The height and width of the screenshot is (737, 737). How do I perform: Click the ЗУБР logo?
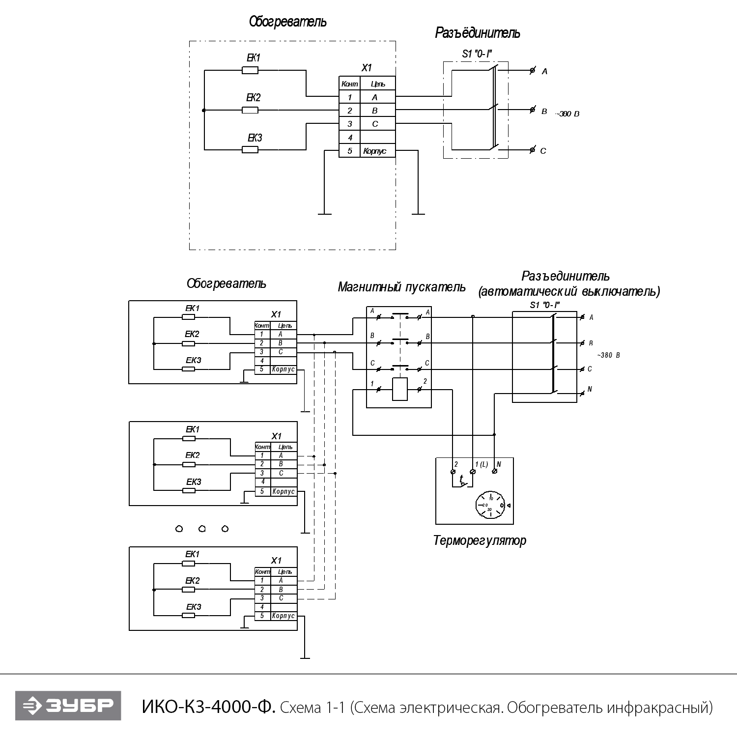click(x=68, y=706)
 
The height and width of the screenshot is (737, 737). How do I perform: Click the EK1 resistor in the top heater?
click(x=250, y=71)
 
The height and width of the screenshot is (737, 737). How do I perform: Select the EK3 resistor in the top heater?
click(x=250, y=150)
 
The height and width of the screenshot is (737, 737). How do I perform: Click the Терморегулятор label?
click(x=480, y=541)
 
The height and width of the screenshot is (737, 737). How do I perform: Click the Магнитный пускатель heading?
click(x=401, y=287)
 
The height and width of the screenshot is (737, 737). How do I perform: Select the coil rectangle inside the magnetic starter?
click(x=400, y=390)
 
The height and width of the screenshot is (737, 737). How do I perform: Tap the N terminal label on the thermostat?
click(x=499, y=464)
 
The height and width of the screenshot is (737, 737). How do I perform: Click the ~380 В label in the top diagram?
click(x=568, y=114)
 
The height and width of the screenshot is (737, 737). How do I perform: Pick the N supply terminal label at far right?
click(x=590, y=390)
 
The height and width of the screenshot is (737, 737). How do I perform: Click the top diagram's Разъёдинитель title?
click(x=477, y=33)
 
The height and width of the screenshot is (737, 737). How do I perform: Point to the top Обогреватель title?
click(x=287, y=22)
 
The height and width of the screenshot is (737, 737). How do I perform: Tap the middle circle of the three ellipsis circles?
click(x=202, y=529)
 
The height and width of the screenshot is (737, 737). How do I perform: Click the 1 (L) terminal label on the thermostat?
click(x=481, y=464)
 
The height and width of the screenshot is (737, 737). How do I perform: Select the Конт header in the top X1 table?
click(x=349, y=84)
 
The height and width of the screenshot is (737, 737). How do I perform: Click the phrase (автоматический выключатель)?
click(x=569, y=292)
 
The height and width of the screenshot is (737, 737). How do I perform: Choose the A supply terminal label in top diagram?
click(x=544, y=72)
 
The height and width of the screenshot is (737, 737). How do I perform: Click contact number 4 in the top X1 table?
click(x=350, y=138)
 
